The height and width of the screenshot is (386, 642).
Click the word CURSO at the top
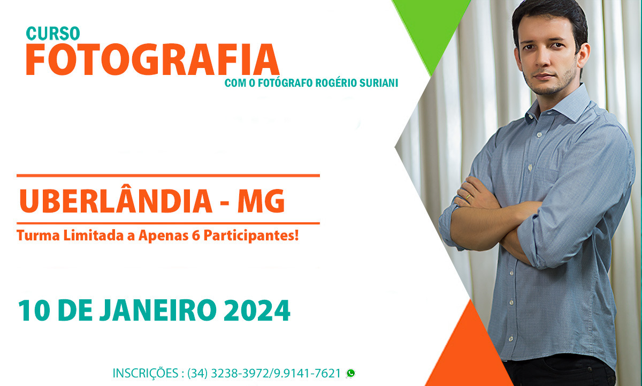[x=53, y=34]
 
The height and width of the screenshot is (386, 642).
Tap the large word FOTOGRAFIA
[x=152, y=59]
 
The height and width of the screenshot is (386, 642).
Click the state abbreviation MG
[x=261, y=201]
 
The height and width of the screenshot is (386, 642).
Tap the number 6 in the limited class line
[x=196, y=236]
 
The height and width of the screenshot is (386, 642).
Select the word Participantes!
[x=251, y=236]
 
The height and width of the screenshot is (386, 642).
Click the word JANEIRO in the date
[x=158, y=311]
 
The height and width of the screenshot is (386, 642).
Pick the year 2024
[x=257, y=311]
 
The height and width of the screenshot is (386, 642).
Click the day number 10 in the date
[x=34, y=311]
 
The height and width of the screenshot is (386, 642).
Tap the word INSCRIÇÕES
[x=146, y=374]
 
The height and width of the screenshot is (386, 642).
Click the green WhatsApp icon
[x=350, y=373]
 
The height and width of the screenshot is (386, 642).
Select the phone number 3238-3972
[x=240, y=373]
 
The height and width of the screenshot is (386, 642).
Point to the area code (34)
[x=197, y=374]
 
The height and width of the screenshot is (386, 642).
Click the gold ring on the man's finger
[x=468, y=196]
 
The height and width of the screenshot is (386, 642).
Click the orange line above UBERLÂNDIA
[x=168, y=176]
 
